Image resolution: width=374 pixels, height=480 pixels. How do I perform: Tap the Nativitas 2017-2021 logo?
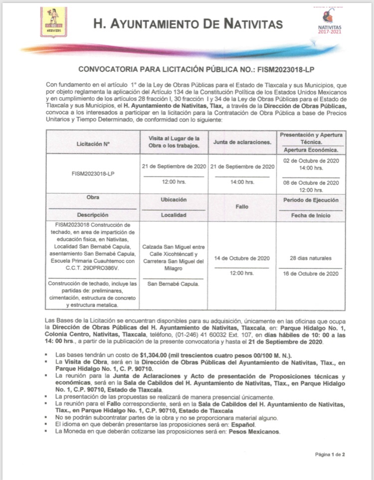[330, 22]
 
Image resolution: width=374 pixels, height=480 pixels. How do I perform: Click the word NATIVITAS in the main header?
[248, 23]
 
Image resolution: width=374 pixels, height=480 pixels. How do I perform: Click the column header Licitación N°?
[93, 143]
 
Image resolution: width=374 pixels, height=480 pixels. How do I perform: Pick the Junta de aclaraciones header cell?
[242, 142]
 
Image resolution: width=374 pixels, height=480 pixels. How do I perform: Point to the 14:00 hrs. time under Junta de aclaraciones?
[242, 182]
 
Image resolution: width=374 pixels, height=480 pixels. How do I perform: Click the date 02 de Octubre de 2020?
[310, 161]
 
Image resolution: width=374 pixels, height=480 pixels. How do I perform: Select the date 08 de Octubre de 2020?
[310, 183]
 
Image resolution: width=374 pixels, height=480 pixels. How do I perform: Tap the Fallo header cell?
[242, 206]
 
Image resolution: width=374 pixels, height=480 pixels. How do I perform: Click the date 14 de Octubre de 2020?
[242, 258]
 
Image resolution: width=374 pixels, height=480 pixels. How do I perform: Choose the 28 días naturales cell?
[310, 258]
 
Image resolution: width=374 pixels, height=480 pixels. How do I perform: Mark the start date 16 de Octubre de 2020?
[310, 274]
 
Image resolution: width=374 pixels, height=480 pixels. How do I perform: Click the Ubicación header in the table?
[174, 199]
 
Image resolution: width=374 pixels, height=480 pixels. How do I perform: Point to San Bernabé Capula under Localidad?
[174, 284]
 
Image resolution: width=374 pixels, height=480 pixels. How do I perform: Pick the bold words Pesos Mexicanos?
[254, 431]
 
